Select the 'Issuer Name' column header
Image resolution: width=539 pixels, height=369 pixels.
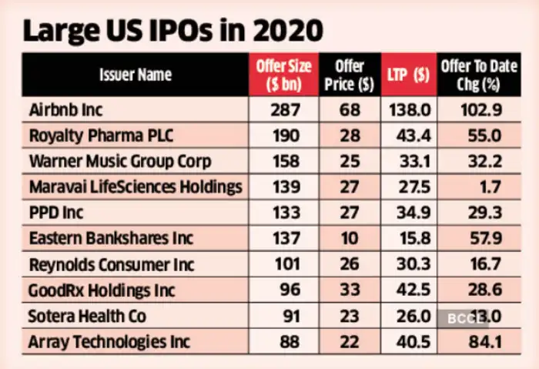[135, 75]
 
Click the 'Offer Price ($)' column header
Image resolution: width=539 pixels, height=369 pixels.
[350, 75]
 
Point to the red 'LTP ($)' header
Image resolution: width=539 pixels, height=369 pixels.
[410, 75]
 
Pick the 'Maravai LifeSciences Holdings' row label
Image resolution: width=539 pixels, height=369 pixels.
[135, 187]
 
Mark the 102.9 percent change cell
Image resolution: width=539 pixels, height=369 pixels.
[480, 110]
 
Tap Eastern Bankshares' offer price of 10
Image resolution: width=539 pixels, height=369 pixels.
[350, 239]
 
